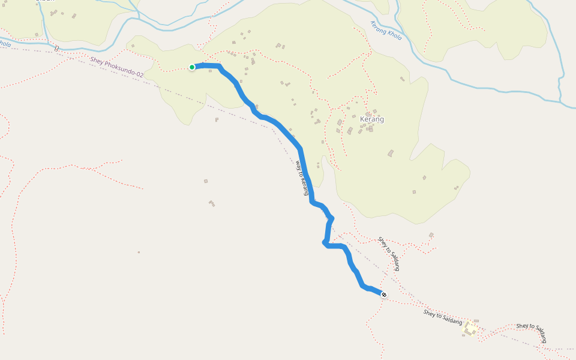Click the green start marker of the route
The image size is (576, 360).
click(x=192, y=67)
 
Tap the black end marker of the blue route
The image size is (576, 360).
click(x=383, y=294)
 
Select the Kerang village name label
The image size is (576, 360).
click(x=371, y=119)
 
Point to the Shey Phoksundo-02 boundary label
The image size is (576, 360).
click(x=117, y=66)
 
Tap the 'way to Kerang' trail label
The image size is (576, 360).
click(x=303, y=178)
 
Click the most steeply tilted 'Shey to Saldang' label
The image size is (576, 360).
click(x=388, y=253)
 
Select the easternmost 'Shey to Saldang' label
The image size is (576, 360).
click(x=532, y=333)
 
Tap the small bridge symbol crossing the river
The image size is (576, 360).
click(x=56, y=48)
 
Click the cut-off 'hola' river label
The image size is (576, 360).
click(x=5, y=44)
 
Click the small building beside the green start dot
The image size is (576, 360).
click(x=211, y=71)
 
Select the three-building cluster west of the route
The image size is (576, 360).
click(x=212, y=203)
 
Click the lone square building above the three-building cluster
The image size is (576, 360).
click(x=206, y=181)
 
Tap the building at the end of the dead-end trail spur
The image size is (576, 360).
click(x=431, y=235)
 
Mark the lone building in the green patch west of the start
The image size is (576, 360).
click(x=133, y=46)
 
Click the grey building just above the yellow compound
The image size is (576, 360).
click(x=476, y=321)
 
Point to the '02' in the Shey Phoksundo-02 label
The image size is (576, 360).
click(x=139, y=73)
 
